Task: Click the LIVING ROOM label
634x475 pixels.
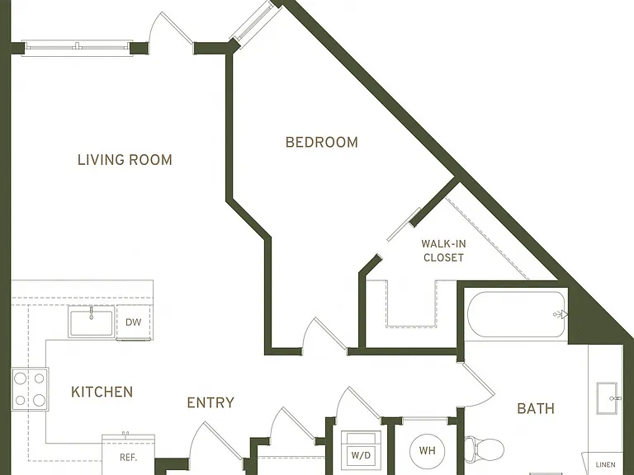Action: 125,160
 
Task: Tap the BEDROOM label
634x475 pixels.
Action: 322,142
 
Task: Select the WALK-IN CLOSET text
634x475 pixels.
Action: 443,251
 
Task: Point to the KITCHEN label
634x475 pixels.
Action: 102,392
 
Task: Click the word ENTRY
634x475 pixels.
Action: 211,402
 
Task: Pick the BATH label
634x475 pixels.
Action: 536,409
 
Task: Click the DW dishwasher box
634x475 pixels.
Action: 134,322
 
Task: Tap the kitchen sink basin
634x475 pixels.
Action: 92,322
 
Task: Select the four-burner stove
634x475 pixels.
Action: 30,389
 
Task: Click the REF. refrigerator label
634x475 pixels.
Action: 129,458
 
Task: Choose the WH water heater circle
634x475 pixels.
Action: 427,450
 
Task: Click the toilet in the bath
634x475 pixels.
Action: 484,449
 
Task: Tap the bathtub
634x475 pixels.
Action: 516,314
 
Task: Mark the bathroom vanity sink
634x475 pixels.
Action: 608,398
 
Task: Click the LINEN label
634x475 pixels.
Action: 605,465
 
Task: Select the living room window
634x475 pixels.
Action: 78,46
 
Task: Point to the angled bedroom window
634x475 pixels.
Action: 254,23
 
